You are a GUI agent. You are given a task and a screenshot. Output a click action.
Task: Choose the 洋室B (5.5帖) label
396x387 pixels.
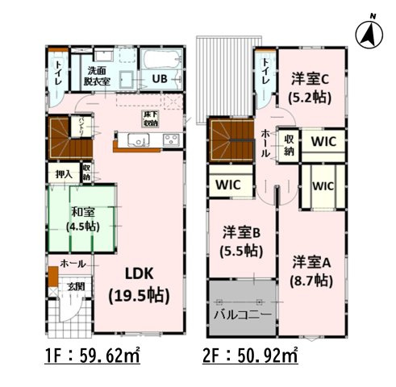click(x=241, y=241)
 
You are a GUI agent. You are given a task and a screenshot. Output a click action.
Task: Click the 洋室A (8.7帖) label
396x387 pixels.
click(x=311, y=271)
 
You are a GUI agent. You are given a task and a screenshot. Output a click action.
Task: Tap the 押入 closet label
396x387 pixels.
click(x=63, y=173)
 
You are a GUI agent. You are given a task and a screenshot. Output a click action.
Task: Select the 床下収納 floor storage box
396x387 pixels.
click(x=150, y=119)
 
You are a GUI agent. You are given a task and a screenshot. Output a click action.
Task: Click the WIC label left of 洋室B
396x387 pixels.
click(x=228, y=184)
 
